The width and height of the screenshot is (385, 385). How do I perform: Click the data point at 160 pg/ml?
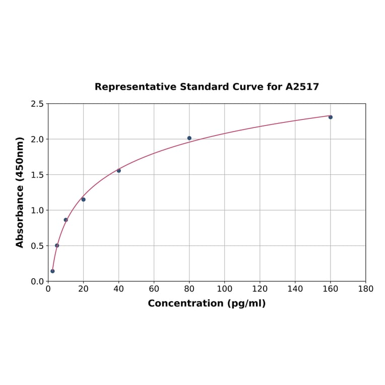331,117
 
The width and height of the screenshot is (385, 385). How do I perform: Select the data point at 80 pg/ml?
189,138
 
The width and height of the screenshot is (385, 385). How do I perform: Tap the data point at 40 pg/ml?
119,170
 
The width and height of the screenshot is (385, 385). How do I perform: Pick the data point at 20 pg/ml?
84,200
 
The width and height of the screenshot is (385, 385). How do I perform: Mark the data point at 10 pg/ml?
66,220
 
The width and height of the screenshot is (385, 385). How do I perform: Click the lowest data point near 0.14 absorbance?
52,271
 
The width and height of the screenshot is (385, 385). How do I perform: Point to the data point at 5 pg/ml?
57,245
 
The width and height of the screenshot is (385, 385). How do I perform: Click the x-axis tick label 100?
225,289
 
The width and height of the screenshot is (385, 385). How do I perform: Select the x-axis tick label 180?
366,289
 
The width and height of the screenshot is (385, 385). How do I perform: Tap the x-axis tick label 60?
154,289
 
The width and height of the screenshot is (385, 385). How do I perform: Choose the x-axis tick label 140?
295,289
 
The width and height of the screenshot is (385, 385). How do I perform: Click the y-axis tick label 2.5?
37,104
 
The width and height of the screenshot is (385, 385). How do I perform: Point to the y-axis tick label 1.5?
37,175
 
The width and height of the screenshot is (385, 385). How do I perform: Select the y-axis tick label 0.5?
37,246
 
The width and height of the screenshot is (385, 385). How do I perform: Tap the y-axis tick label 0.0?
37,281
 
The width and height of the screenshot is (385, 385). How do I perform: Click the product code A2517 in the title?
302,87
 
